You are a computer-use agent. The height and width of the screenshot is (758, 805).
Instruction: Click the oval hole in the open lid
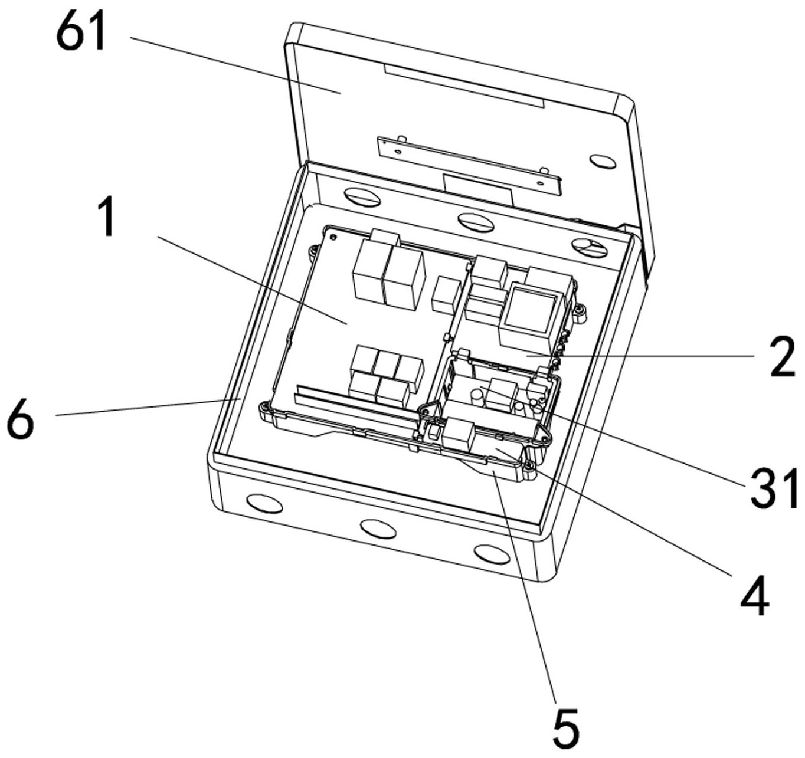pos(603,160)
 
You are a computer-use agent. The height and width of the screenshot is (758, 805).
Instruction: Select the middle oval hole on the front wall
pos(378,528)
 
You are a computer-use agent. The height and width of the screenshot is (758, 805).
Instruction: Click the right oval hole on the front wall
pos(492,554)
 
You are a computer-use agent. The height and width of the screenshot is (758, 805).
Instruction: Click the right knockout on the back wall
pos(590,247)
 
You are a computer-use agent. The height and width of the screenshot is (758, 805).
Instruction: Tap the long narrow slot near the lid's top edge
pos(463,86)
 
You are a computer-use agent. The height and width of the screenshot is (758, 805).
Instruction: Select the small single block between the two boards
pos(446,295)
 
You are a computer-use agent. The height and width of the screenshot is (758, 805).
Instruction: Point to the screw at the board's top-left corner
pos(333,237)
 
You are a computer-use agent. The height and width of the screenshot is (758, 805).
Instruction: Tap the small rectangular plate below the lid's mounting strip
pos(478,191)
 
